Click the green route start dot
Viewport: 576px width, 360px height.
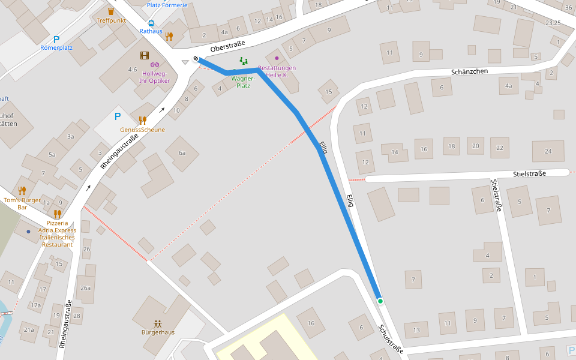click(380, 301)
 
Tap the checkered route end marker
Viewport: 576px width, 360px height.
click(196, 59)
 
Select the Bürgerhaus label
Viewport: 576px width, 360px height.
click(158, 332)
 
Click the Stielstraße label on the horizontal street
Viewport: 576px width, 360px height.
click(530, 173)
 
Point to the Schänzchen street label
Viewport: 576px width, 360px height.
click(470, 71)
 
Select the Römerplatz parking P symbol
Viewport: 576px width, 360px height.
click(56, 39)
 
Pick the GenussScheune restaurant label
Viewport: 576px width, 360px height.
click(142, 130)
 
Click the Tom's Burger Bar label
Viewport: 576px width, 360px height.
click(22, 203)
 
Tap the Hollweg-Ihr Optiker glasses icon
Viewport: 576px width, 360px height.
click(155, 64)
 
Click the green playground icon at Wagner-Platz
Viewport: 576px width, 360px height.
click(243, 61)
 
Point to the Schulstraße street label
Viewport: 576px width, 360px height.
click(391, 339)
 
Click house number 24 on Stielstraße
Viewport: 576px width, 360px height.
click(548, 151)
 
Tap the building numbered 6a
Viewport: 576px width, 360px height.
click(182, 153)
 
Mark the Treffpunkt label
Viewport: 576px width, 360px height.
click(111, 20)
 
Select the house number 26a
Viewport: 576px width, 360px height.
click(86, 288)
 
